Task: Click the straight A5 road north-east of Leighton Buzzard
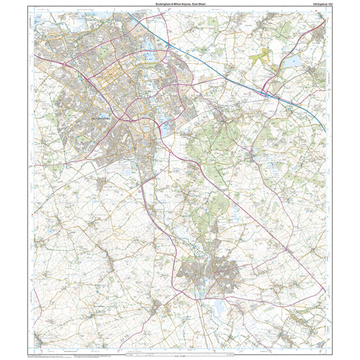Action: click(x=262, y=223)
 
